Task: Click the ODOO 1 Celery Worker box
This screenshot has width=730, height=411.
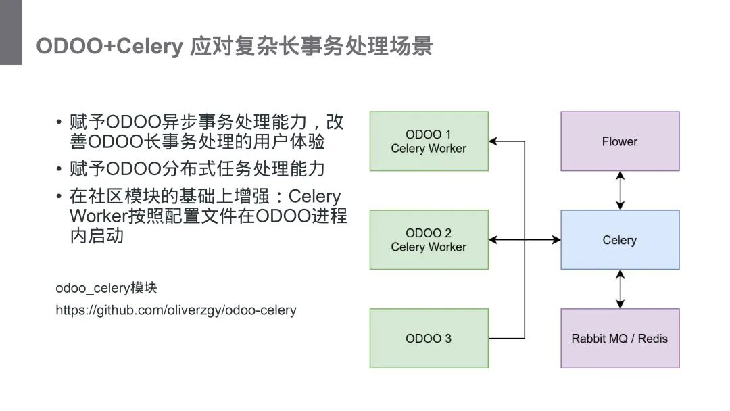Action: (x=429, y=141)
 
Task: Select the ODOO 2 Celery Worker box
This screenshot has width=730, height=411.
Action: (x=429, y=240)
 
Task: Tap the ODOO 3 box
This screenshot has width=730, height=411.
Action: (x=429, y=338)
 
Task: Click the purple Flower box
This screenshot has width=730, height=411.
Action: (x=620, y=141)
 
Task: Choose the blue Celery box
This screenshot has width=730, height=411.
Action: (x=620, y=240)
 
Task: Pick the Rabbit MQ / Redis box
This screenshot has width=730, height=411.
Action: (x=620, y=338)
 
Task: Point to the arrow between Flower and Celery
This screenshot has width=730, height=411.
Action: (x=620, y=190)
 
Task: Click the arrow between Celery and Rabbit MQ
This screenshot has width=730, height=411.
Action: (x=620, y=289)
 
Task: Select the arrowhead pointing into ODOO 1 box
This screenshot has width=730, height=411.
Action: (x=493, y=141)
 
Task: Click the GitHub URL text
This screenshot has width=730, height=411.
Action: (x=176, y=310)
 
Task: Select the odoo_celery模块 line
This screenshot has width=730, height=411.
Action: (x=106, y=288)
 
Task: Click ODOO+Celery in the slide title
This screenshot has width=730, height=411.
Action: (x=109, y=47)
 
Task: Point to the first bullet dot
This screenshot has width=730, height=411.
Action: (x=59, y=123)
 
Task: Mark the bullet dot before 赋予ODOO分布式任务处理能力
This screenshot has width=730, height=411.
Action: (x=59, y=168)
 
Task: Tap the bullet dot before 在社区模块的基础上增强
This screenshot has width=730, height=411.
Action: (x=59, y=197)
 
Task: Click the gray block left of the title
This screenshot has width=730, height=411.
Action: (x=11, y=32)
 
